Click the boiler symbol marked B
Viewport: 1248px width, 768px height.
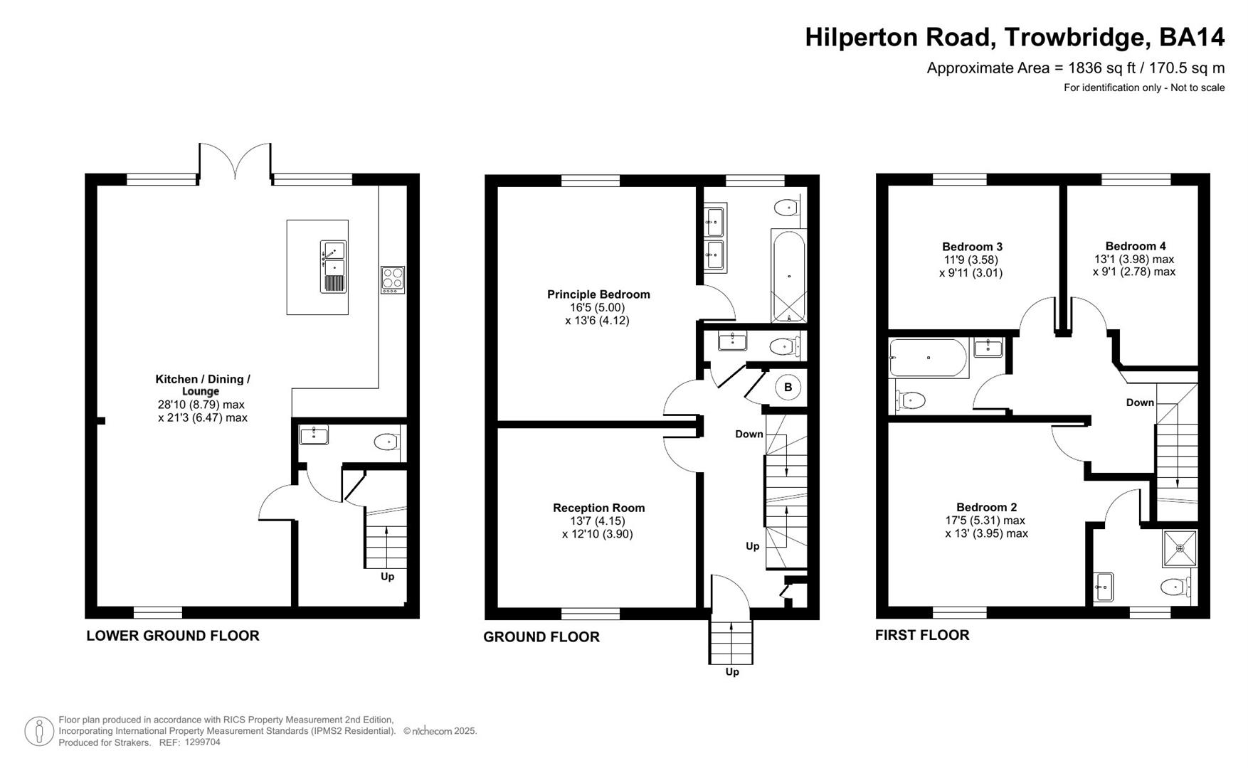787,388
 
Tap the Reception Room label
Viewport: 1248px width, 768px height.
598,508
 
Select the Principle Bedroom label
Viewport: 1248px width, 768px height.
598,294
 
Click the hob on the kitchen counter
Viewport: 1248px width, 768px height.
393,279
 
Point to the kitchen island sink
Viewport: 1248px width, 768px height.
333,267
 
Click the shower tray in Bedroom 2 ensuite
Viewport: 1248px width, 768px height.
1180,548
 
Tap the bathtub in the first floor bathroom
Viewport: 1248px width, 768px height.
929,358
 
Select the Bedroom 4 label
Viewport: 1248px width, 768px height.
1135,246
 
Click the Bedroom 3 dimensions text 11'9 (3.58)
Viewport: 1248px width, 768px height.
971,260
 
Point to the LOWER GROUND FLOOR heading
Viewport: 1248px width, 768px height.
173,636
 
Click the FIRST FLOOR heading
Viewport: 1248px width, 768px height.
921,635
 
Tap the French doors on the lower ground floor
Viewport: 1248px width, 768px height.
235,160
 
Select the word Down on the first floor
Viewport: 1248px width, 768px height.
1139,402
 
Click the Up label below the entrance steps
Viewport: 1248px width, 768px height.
731,672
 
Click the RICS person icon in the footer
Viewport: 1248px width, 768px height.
39,731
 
